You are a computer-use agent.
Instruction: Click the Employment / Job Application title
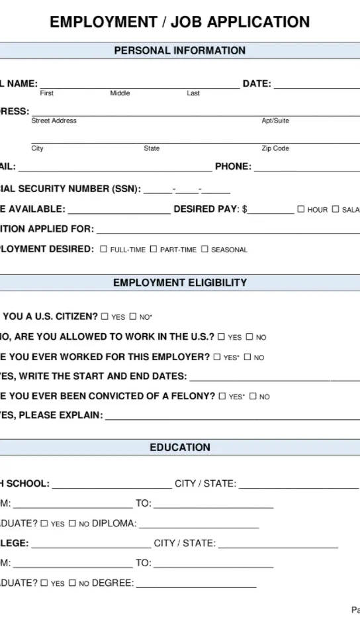(180, 23)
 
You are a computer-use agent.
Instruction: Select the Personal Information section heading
(180, 50)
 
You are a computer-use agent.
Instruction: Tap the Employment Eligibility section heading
(180, 283)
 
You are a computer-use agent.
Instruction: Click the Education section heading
(180, 448)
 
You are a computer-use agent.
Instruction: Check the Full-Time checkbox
(104, 250)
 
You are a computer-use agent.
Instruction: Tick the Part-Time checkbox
(154, 250)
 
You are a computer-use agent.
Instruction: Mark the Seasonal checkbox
(204, 250)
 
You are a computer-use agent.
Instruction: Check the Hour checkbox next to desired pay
(301, 209)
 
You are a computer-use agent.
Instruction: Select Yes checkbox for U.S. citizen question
(105, 317)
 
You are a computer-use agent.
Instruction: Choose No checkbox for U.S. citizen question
(133, 317)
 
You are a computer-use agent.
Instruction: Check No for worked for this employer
(247, 357)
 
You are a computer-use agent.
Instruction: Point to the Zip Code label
(275, 148)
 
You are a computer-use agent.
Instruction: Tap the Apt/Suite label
(275, 121)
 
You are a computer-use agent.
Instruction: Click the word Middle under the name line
(120, 93)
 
